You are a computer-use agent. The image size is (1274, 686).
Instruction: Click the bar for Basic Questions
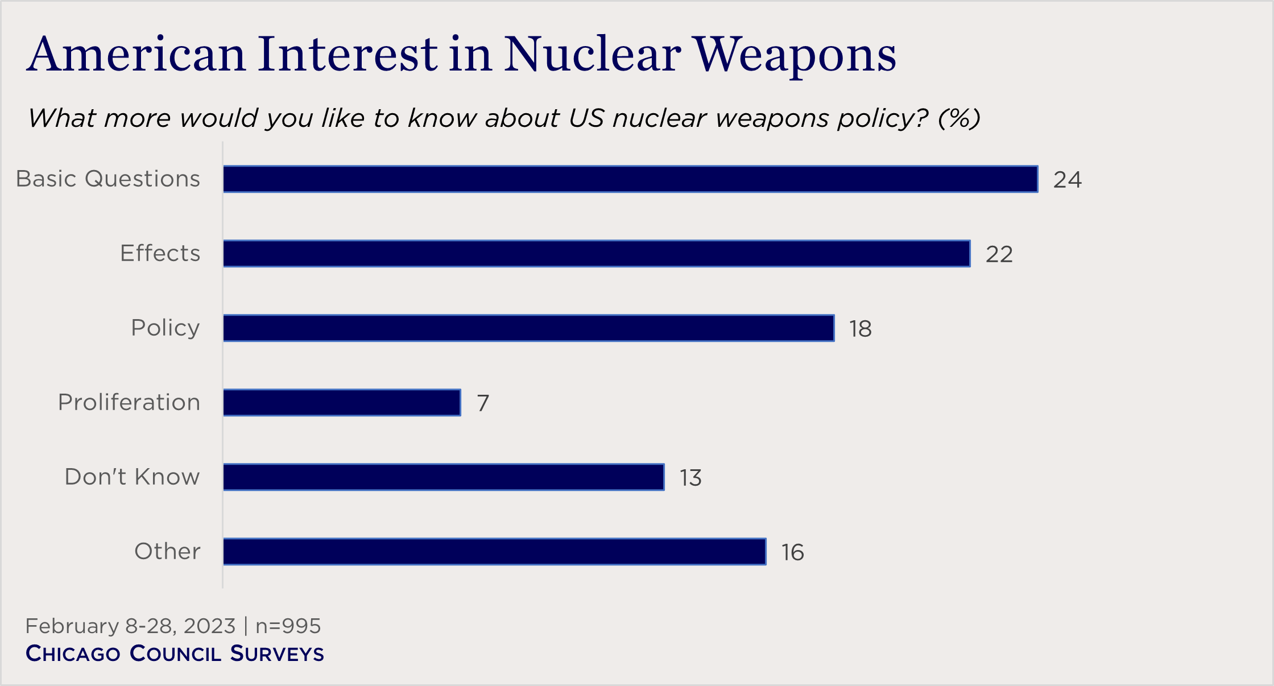tap(630, 179)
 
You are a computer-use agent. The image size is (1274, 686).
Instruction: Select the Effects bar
tap(597, 254)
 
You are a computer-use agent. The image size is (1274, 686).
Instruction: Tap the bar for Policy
tap(528, 328)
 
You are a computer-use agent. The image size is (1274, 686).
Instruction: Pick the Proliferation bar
tap(342, 403)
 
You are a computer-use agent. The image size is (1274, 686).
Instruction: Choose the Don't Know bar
tap(444, 477)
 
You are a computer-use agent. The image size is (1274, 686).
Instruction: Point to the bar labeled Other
tap(494, 552)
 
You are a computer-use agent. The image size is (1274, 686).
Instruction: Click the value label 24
tap(1067, 180)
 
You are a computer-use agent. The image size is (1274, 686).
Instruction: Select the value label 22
tap(999, 254)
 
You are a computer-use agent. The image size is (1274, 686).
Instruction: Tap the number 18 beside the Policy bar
tap(860, 329)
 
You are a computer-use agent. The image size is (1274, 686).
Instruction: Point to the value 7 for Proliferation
tap(483, 403)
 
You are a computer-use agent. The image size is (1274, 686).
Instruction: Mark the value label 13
tap(690, 478)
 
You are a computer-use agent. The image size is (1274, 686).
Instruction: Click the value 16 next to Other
tap(792, 552)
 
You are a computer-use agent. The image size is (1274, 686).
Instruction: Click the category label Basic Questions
tap(108, 179)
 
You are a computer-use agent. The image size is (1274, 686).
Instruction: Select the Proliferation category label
tap(129, 402)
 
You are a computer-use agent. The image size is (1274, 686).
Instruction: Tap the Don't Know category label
tap(132, 477)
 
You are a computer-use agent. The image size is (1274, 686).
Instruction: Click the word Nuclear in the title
tap(592, 55)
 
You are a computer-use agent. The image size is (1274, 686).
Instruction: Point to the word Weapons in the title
tap(795, 56)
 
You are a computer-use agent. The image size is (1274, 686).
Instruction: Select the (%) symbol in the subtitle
tap(959, 118)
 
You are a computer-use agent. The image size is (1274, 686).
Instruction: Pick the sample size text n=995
tap(288, 626)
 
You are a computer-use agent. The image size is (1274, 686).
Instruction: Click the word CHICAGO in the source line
tap(73, 654)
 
